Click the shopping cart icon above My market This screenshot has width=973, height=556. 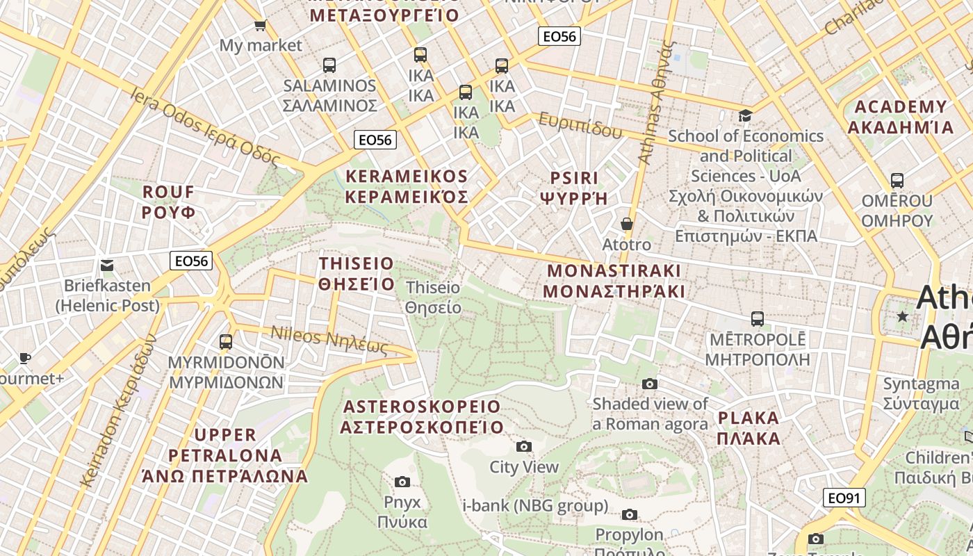260,26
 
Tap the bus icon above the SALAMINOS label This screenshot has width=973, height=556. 329,65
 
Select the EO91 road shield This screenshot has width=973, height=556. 844,498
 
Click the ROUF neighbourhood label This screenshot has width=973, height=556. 168,202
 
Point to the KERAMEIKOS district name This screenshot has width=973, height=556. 407,186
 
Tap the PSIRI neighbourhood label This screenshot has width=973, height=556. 574,188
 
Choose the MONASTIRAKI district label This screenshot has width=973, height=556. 614,281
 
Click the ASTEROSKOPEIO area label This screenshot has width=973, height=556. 421,416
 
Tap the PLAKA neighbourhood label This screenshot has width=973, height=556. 749,428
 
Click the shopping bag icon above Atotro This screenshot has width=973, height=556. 627,224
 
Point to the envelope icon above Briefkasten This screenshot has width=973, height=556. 107,265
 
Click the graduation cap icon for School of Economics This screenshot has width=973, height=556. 745,115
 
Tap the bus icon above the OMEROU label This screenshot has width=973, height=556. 897,181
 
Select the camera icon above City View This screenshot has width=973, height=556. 524,446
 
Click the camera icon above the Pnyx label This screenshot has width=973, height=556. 402,482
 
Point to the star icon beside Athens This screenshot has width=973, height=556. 903,316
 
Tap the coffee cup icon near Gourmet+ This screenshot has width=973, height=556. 25,358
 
